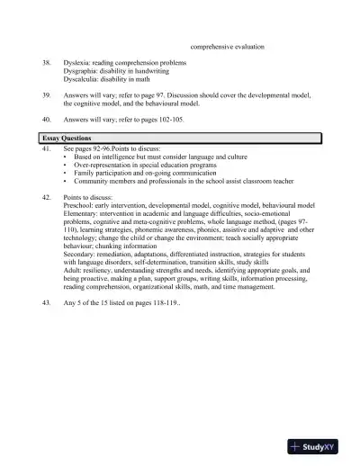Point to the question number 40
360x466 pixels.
point(47,120)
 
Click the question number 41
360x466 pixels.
point(47,147)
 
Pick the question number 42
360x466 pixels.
point(47,194)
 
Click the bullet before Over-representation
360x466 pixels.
point(66,166)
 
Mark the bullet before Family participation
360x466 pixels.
point(66,174)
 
